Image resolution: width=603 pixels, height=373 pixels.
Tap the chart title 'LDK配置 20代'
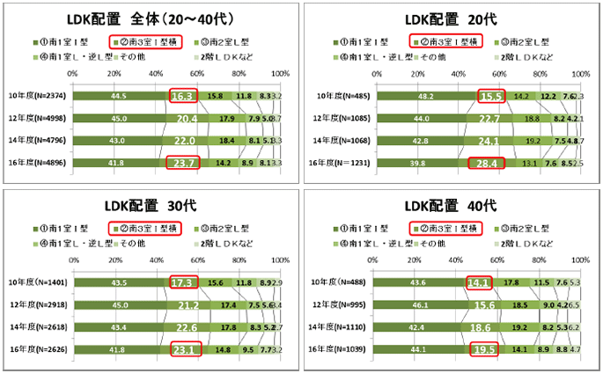click(449, 19)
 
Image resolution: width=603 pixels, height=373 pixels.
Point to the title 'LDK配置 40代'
click(449, 206)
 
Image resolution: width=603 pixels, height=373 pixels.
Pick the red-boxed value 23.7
click(183, 162)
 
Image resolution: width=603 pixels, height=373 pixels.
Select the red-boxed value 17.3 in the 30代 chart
click(184, 282)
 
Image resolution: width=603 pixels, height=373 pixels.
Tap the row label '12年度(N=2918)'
click(38, 305)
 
